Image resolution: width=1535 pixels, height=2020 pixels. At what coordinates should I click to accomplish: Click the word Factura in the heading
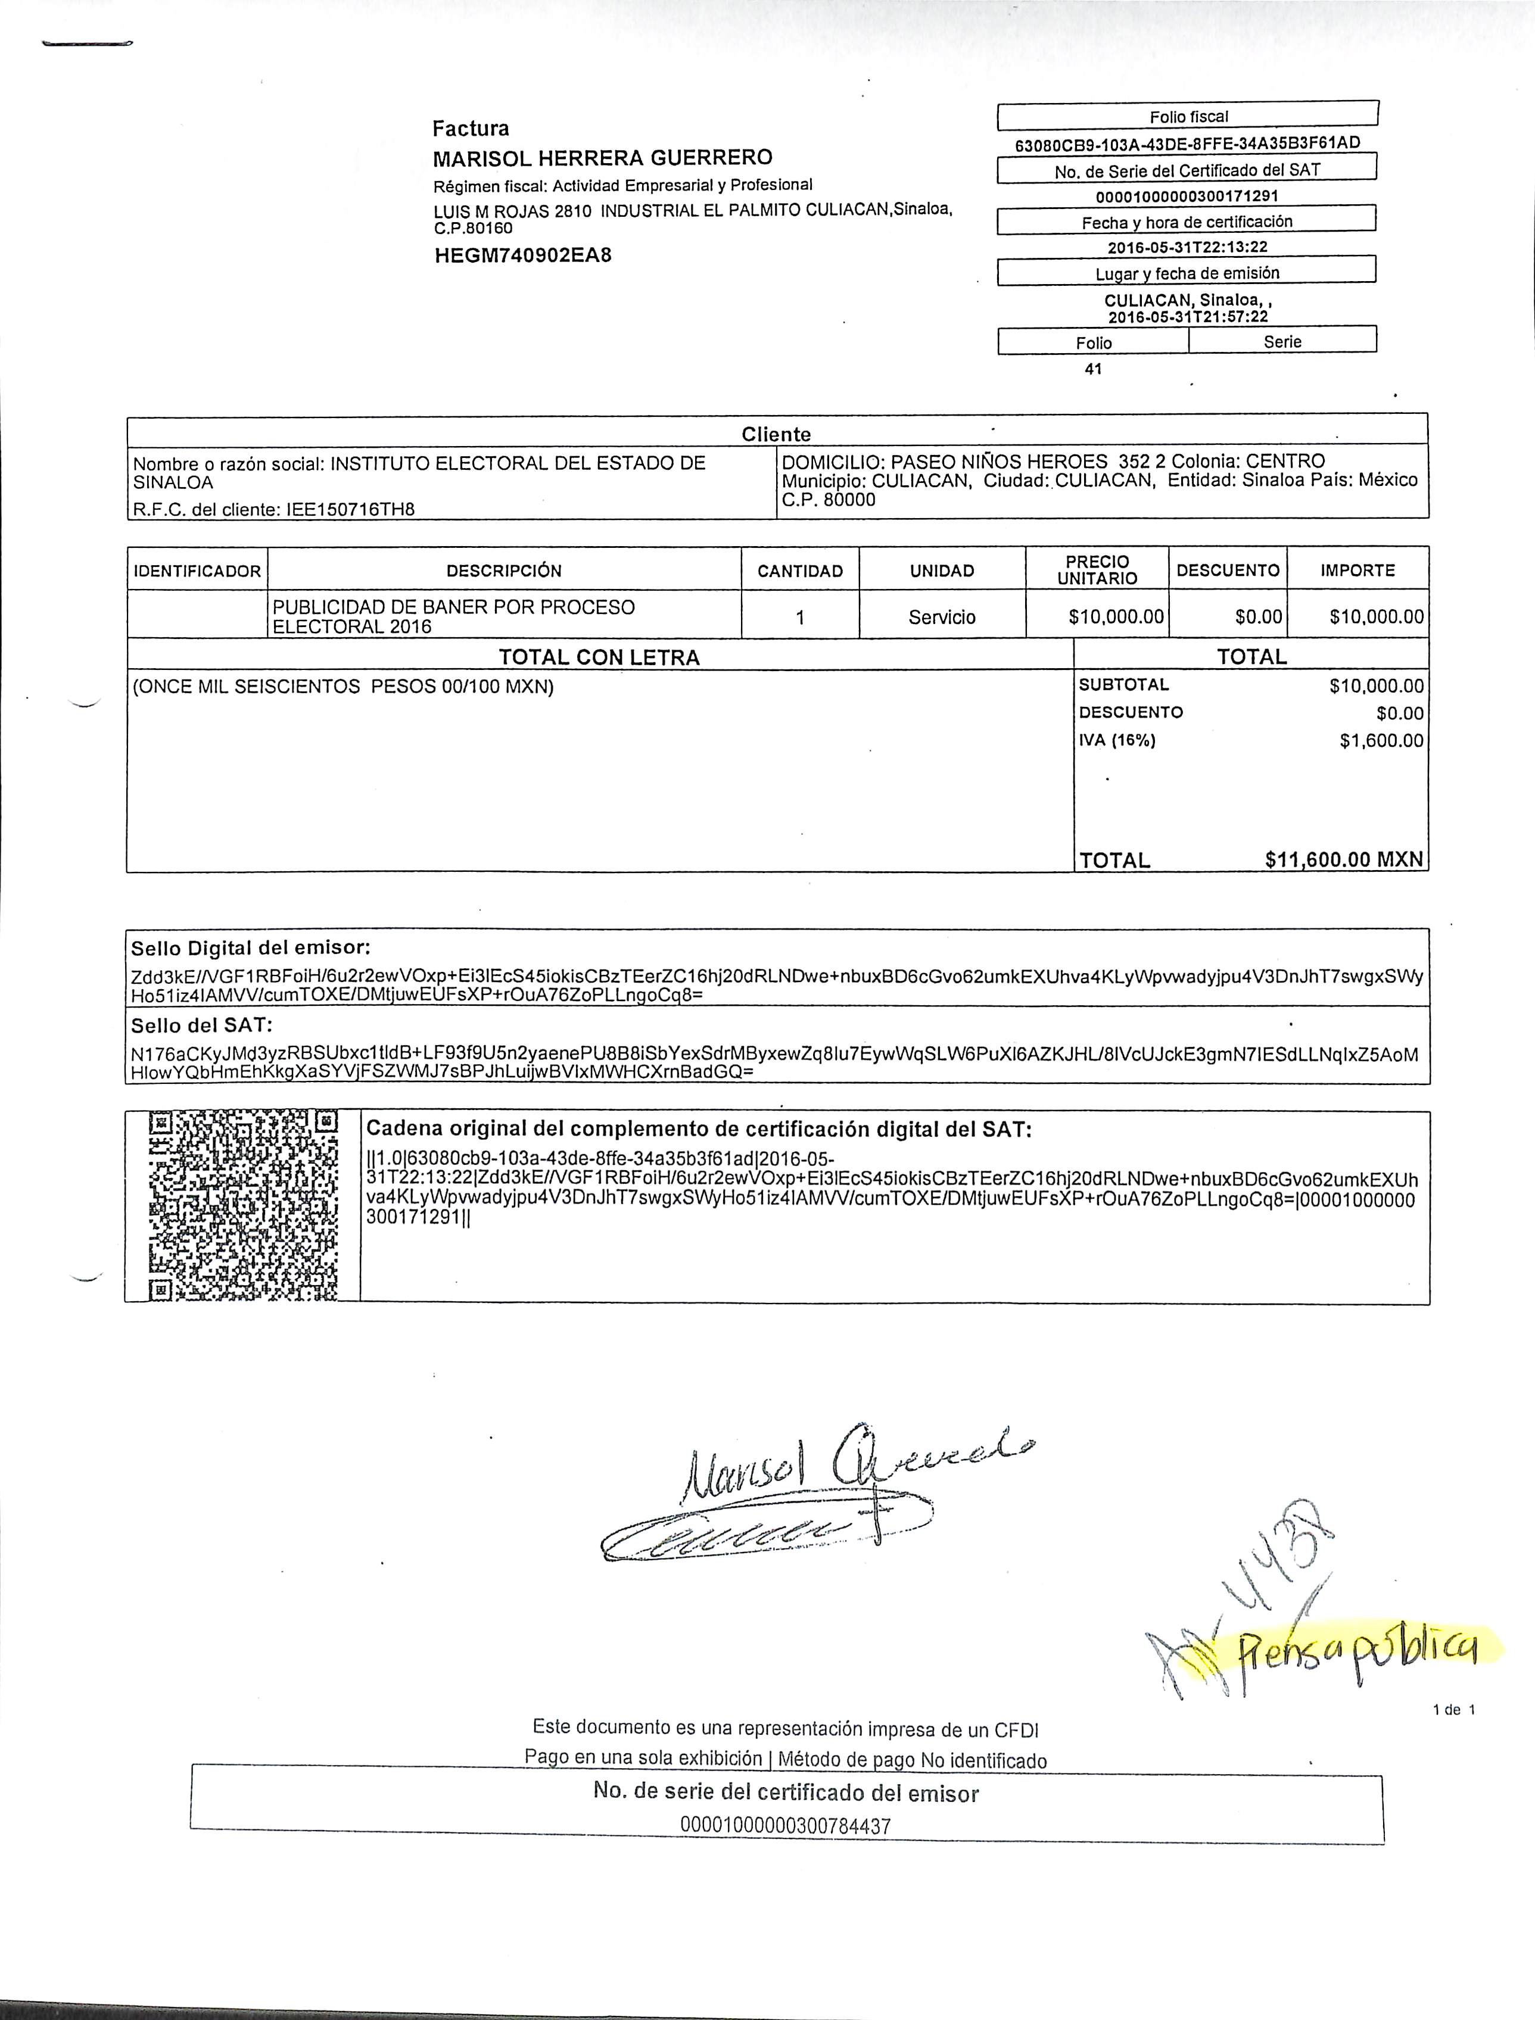pos(471,129)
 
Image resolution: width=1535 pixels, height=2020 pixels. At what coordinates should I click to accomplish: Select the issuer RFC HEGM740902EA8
pos(522,255)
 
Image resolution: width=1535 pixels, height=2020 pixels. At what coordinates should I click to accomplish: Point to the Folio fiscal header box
pos(1187,117)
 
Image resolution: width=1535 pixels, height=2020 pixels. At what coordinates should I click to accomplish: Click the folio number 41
pos(1093,369)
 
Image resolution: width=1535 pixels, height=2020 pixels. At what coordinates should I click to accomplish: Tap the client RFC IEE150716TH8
pos(351,509)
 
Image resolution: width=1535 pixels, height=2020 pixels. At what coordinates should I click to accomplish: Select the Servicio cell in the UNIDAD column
pos(942,618)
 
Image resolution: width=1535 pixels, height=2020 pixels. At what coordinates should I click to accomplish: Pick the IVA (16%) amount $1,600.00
pos(1381,741)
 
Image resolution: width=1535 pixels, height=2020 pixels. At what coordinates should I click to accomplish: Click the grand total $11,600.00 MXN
pos(1344,860)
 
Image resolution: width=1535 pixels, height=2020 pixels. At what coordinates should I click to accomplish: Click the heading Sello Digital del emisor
pos(250,947)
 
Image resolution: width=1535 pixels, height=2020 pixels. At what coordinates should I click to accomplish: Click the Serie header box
pos(1282,342)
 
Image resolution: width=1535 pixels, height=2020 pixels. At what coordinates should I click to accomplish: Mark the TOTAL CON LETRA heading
pos(599,657)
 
